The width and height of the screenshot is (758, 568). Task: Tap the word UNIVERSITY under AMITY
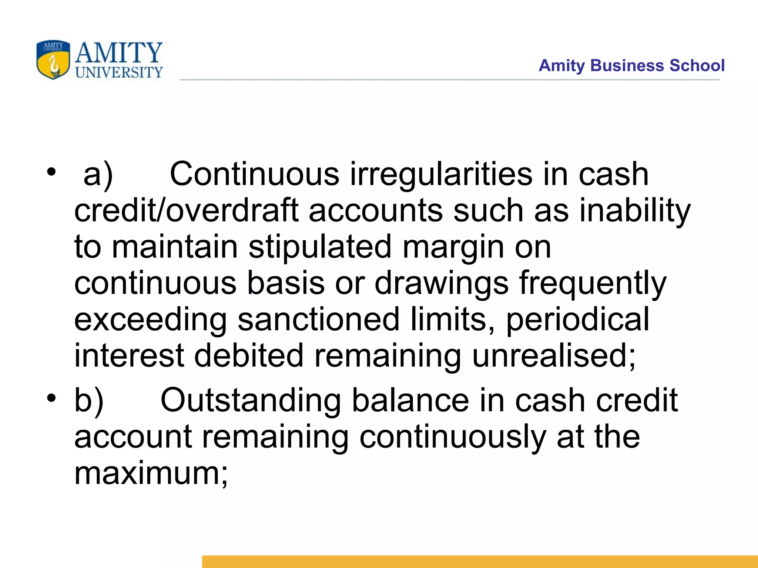119,72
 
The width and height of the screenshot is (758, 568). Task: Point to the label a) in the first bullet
98,174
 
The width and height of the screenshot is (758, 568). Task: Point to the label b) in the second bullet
89,400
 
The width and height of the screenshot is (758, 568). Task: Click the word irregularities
441,174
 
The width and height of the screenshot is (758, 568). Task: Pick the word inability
634,210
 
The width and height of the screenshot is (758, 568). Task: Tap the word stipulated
320,247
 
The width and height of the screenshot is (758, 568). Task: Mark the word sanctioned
318,319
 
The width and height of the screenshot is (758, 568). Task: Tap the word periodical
577,319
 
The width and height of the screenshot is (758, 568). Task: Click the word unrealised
553,355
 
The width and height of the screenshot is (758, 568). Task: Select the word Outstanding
251,400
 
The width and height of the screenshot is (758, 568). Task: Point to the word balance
410,400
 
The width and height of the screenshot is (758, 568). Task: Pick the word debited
249,355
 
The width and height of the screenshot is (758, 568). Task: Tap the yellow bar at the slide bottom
480,561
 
